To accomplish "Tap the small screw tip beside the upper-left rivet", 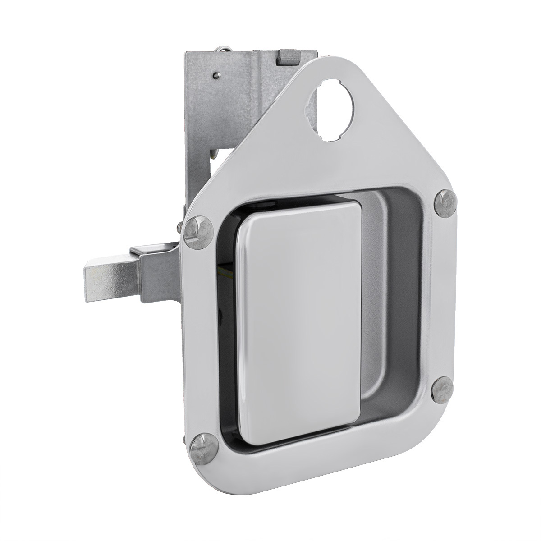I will pos(185,224).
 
